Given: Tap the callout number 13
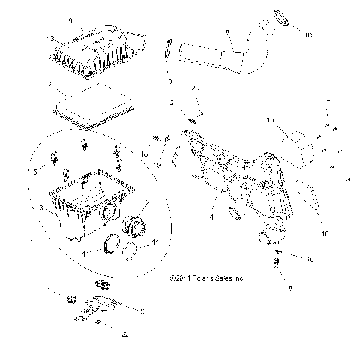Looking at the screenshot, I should click(x=50, y=37).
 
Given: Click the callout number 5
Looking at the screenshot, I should click(x=35, y=170).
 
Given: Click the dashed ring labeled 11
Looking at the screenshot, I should click(x=130, y=251).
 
